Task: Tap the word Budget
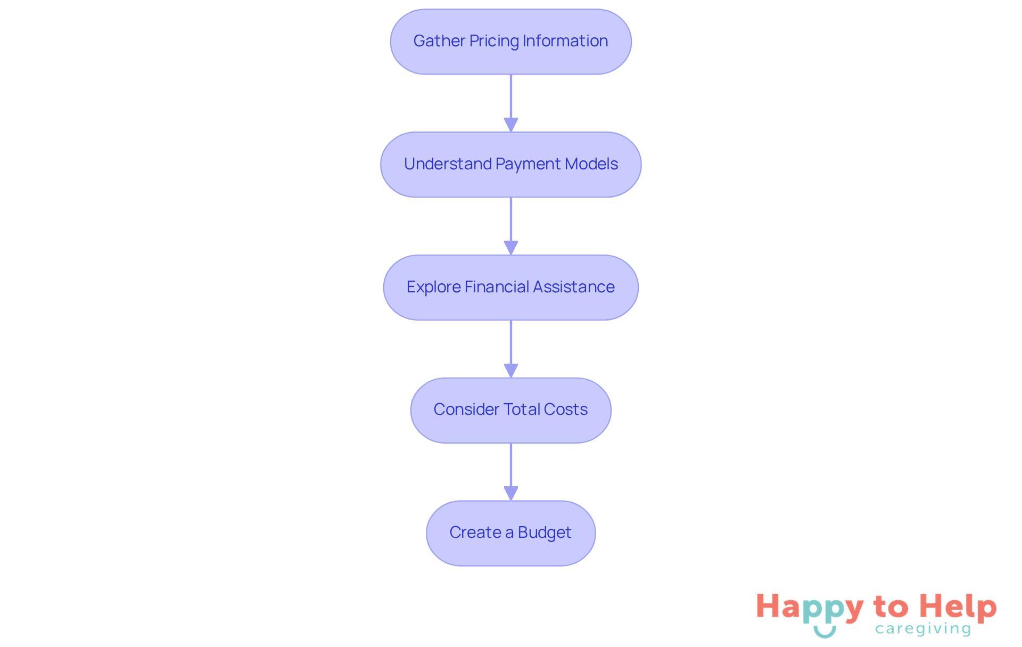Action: tap(545, 533)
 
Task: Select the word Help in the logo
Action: tap(958, 608)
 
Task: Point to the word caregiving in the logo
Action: tap(923, 629)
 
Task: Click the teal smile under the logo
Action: tap(825, 632)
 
